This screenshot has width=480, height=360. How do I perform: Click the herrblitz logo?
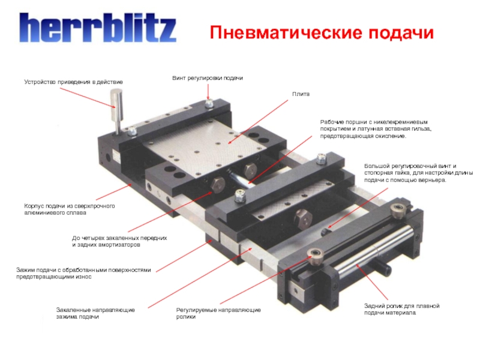(98, 28)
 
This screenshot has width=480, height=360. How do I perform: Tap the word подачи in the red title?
(401, 33)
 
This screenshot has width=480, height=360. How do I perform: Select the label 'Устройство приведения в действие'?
(73, 82)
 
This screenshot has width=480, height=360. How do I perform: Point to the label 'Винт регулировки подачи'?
(208, 78)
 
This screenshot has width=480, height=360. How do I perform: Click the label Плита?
(301, 94)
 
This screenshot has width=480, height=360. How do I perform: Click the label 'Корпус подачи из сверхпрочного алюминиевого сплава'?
(70, 209)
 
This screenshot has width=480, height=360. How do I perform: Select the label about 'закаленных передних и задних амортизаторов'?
(119, 241)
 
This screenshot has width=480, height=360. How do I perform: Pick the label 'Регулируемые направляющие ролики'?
(218, 313)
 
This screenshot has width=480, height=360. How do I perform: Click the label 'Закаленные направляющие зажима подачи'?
(95, 313)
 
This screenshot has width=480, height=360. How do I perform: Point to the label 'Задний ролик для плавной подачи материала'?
(401, 309)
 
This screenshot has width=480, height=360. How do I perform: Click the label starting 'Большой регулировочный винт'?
(418, 173)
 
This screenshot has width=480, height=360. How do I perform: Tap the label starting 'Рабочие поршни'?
(376, 129)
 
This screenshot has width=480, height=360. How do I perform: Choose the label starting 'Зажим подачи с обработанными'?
(83, 274)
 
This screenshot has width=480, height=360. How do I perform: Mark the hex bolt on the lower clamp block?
(302, 218)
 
